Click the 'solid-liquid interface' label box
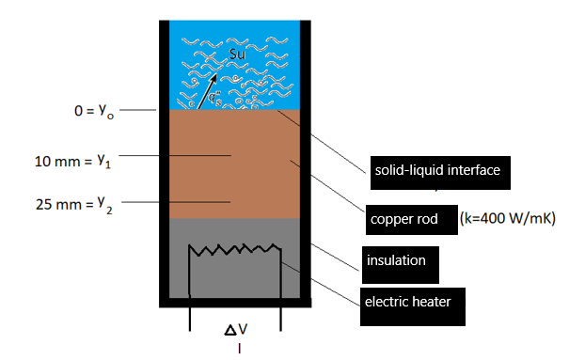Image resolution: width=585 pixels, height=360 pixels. pos(436,171)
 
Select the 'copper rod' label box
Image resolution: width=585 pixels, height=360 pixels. pos(412,219)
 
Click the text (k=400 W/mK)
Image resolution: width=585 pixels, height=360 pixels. pos(509,219)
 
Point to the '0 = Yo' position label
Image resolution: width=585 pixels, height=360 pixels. pos(95,111)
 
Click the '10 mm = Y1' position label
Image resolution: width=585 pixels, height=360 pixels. pos(73,161)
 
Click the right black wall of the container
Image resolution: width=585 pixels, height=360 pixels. pos(306,160)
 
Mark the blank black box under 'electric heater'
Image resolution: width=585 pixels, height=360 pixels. pos(415,317)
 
